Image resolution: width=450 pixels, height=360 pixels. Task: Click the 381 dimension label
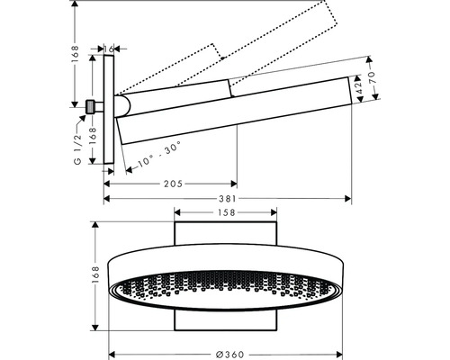point(227,198)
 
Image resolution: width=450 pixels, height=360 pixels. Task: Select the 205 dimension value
point(173,184)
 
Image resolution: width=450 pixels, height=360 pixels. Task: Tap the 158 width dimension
point(226,212)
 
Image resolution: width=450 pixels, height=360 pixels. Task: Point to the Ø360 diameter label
point(230,355)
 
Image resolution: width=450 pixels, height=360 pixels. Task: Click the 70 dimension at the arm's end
point(372,78)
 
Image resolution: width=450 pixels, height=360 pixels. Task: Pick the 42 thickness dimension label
point(359,87)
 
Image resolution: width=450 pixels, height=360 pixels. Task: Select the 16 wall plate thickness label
point(109,49)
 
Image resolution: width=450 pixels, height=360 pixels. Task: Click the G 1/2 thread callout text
point(77,149)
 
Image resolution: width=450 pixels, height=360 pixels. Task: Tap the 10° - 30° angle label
point(159,154)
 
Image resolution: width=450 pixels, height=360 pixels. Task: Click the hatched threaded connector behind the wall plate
point(89,107)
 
